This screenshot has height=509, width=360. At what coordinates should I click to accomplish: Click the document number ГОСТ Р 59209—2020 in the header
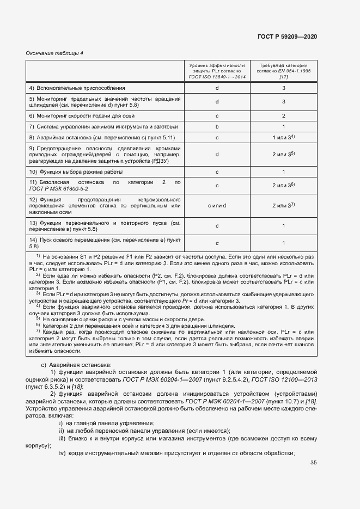click(x=286, y=37)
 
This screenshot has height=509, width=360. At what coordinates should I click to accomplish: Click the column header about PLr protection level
click(x=217, y=71)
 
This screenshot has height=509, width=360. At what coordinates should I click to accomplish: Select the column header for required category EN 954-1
click(x=283, y=71)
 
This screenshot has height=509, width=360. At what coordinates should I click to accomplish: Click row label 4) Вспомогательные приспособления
click(x=77, y=88)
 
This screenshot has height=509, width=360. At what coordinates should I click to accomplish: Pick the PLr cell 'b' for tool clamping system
click(x=217, y=126)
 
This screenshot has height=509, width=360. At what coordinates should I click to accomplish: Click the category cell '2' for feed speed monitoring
click(x=283, y=115)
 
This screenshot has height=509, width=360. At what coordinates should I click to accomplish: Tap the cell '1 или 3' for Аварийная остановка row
click(x=283, y=137)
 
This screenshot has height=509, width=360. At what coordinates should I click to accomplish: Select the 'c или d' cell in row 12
click(x=217, y=205)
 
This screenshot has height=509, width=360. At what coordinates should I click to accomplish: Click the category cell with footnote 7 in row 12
click(x=283, y=205)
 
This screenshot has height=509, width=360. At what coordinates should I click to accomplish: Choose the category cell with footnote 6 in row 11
click(x=283, y=186)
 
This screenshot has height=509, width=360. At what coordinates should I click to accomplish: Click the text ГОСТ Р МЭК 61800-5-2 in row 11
click(x=58, y=188)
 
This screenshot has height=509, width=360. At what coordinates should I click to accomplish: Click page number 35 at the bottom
click(x=313, y=463)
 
